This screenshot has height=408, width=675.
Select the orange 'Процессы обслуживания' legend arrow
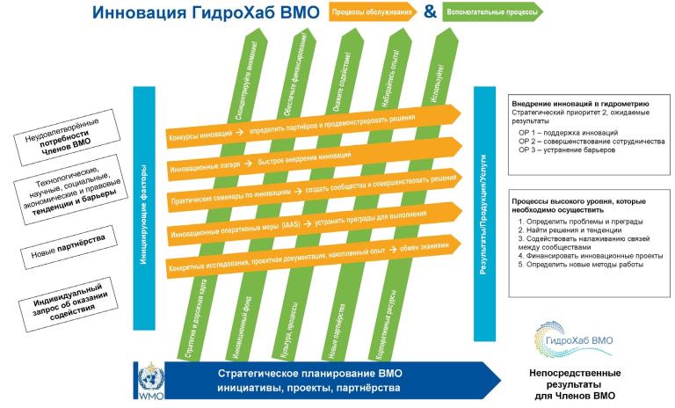coord(372,12)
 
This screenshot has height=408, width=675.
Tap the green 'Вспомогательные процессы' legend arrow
coord(490,12)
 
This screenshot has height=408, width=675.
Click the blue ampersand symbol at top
coord(430,12)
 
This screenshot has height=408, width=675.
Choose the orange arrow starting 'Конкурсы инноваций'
coord(308,126)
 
